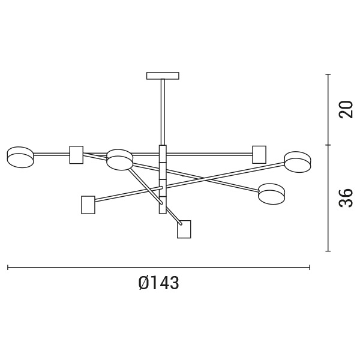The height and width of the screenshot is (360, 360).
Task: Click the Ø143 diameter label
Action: (x=158, y=283)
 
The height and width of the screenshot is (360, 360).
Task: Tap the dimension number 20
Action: (x=346, y=110)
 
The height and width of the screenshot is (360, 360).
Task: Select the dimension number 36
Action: (x=346, y=198)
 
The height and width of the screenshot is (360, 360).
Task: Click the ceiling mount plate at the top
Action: (x=163, y=76)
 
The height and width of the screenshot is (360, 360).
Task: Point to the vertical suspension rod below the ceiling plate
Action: (x=163, y=112)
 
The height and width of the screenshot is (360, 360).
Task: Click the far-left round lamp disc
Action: (x=20, y=157)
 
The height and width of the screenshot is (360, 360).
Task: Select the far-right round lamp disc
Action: (x=298, y=162)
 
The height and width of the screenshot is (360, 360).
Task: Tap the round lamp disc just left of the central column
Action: (x=119, y=160)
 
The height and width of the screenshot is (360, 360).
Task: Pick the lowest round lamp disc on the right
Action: (x=272, y=194)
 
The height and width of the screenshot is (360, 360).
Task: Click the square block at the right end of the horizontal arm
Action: (x=259, y=155)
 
